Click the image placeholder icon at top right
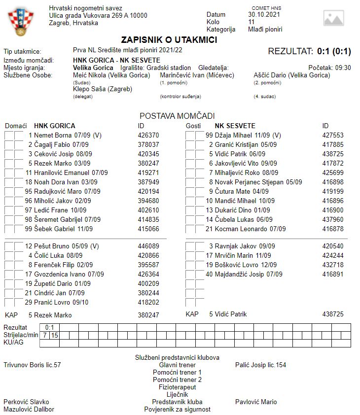[333, 18]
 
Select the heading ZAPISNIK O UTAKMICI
[169, 40]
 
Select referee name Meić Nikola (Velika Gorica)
[111, 75]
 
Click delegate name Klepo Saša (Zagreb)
[103, 89]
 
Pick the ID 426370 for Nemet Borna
[148, 135]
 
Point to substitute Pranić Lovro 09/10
[57, 302]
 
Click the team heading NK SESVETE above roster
[235, 126]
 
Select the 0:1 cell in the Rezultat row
[50, 327]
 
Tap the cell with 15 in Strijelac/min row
[55, 335]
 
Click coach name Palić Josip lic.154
[260, 365]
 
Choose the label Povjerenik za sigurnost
[177, 409]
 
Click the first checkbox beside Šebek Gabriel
[9, 229]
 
